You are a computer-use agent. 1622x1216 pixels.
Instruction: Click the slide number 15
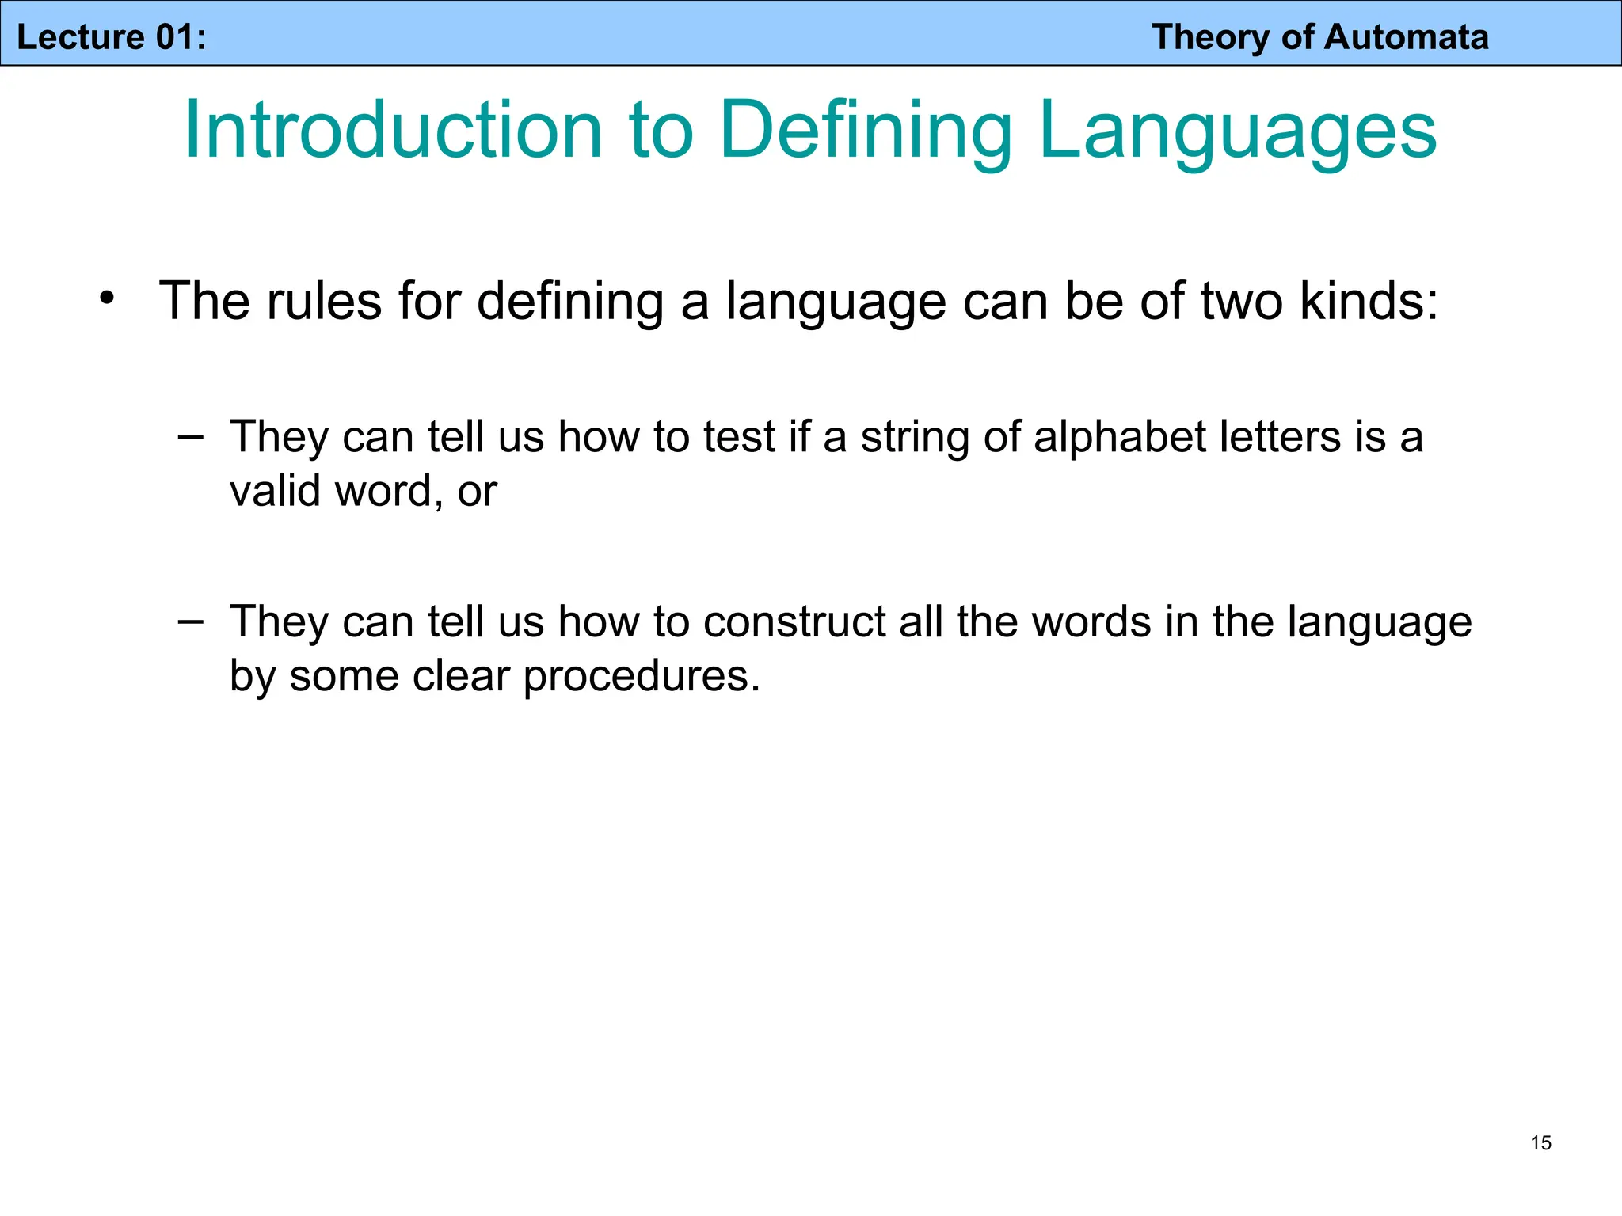click(x=1540, y=1142)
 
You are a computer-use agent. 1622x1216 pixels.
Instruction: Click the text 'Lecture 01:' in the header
click(x=111, y=37)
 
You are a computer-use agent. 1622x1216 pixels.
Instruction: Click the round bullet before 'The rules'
click(x=107, y=299)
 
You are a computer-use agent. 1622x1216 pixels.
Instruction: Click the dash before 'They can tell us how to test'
click(x=190, y=435)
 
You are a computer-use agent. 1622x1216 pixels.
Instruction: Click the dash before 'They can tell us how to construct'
click(x=190, y=621)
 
